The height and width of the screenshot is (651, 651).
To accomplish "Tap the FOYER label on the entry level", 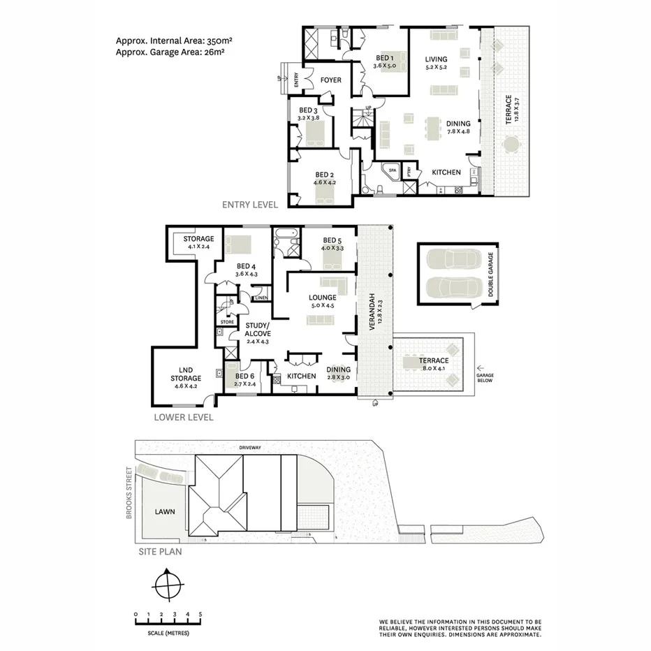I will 330,80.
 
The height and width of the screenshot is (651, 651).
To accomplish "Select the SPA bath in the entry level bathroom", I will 393,170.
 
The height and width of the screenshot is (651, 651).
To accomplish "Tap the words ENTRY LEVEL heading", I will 249,205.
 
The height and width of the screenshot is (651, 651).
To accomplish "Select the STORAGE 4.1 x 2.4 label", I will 199,239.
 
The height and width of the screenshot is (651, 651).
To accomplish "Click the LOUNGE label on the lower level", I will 323,298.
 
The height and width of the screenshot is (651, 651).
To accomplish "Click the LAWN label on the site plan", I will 165,511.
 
